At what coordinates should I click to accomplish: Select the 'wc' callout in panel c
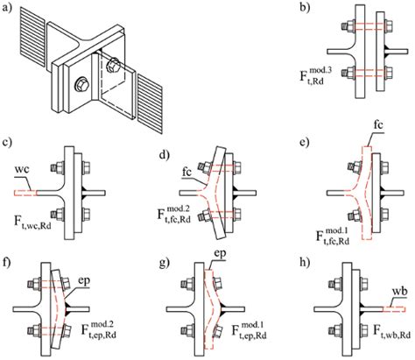[23, 170]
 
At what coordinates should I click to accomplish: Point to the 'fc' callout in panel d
[186, 173]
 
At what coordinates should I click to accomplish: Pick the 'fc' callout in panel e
[377, 125]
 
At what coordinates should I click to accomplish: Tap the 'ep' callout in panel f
[83, 281]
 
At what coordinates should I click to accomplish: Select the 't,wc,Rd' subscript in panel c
[38, 225]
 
